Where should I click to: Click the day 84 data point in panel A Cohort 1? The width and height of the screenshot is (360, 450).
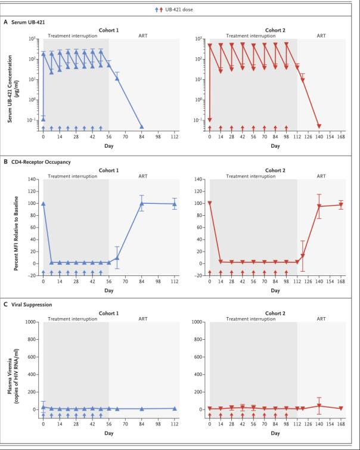[x=141, y=127]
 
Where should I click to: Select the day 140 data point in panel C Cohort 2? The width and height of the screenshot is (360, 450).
[x=319, y=405]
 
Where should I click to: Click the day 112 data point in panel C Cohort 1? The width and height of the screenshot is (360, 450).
[x=174, y=408]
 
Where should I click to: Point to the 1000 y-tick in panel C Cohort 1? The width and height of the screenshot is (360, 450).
[x=29, y=322]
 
